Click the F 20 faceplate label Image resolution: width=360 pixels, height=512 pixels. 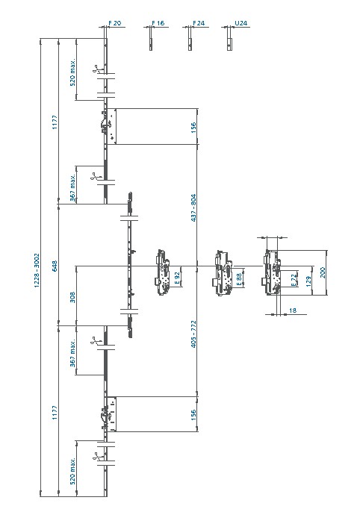pos(115,23)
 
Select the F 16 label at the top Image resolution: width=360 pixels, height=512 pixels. pos(158,23)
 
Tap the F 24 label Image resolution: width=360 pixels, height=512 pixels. pos(199,23)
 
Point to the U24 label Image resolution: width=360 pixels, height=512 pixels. pos(240,23)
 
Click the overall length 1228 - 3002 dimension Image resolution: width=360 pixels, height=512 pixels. pos(37,270)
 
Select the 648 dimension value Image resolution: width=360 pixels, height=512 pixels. pos(55,266)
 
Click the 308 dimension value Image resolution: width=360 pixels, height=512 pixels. pos(72,297)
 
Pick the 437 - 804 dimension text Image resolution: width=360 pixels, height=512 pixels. pos(193,208)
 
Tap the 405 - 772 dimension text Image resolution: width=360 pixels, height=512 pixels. pos(193,334)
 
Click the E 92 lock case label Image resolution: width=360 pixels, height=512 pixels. pos(178,278)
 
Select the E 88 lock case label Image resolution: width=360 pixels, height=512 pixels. pos(239,279)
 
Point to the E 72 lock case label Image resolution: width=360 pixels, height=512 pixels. pos(294,280)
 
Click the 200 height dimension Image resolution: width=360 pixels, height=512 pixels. pos(323,272)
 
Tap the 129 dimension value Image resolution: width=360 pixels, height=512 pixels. pos(308,281)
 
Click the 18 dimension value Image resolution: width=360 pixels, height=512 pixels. pos(293,310)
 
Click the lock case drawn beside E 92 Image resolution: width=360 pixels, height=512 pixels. pos(162,272)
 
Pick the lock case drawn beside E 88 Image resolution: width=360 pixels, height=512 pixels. pos(223,274)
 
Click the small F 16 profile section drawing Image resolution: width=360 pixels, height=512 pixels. pos(151,39)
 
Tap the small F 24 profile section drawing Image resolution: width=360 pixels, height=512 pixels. pos(190,39)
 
